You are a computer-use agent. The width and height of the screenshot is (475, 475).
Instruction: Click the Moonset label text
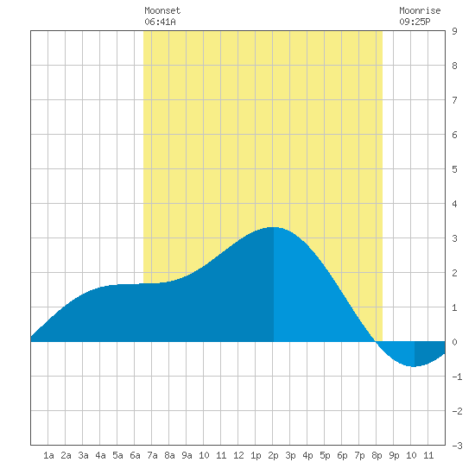[162, 10]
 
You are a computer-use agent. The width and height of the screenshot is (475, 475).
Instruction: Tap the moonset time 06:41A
[160, 22]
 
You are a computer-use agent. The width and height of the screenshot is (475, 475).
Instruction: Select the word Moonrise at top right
[420, 10]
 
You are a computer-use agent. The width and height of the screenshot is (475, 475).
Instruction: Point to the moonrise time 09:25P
[415, 22]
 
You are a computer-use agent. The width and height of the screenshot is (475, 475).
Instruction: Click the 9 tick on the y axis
[454, 31]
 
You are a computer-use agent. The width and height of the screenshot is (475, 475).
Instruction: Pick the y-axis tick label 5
[454, 169]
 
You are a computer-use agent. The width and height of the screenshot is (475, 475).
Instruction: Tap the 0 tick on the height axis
[454, 342]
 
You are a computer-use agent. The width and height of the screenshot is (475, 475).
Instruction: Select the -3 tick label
[457, 446]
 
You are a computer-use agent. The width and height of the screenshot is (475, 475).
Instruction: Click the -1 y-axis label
[457, 377]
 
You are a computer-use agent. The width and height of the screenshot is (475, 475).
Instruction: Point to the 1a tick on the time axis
[48, 455]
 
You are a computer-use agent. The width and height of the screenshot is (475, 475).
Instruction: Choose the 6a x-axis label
[135, 455]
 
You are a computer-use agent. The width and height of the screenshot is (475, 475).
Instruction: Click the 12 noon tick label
[238, 455]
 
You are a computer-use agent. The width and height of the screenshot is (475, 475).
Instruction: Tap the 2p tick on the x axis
[273, 455]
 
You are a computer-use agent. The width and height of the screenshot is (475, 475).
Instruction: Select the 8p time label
[377, 455]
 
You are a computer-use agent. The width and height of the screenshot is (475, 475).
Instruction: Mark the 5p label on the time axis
[325, 455]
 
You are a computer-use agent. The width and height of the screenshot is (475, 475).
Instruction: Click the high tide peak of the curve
[273, 227]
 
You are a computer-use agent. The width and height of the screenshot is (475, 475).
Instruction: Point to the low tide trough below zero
[414, 366]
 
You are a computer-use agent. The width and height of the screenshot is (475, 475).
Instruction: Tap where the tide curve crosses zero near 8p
[376, 342]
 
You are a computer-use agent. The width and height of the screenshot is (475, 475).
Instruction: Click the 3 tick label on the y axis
[454, 238]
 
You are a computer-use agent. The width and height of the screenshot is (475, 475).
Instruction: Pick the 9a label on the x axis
[187, 455]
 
